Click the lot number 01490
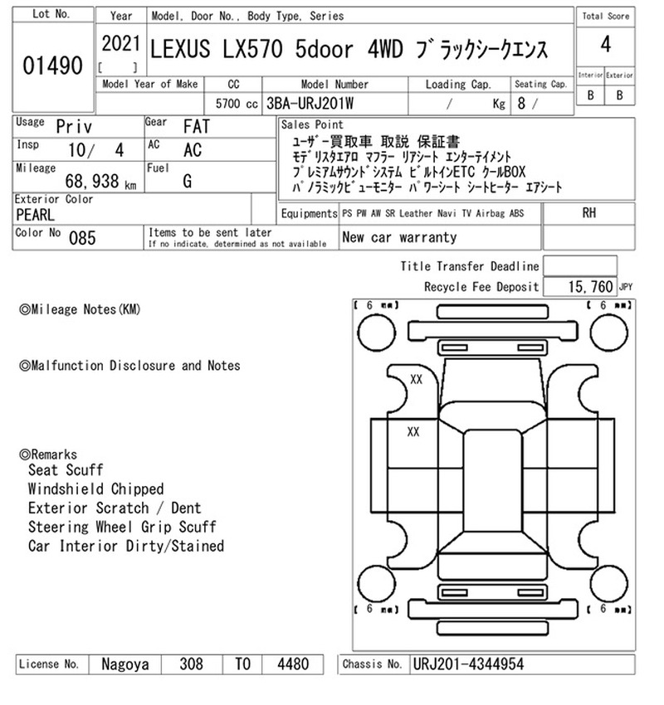point(52,66)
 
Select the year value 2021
point(121,44)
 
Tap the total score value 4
point(606,45)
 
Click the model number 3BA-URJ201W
point(310,104)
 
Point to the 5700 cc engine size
point(237,104)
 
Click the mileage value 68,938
point(92,181)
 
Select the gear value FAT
point(197,127)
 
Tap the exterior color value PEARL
point(35,215)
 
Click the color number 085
point(82,238)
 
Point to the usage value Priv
point(74,127)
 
